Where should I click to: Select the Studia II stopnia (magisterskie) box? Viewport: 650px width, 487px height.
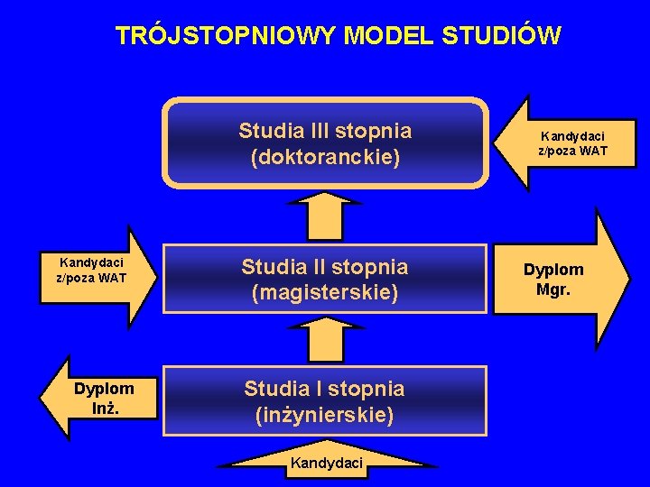click(x=325, y=280)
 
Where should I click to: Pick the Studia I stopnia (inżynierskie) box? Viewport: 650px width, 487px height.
click(x=325, y=401)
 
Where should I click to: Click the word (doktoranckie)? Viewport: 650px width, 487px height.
click(x=325, y=157)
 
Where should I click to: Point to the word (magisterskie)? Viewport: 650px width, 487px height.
click(x=325, y=292)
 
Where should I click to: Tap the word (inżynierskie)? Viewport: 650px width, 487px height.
click(x=325, y=415)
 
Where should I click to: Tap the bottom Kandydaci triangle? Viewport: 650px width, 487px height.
click(x=326, y=461)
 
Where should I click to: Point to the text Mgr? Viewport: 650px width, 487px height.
click(x=553, y=290)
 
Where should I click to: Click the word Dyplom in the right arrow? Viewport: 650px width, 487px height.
click(x=553, y=270)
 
